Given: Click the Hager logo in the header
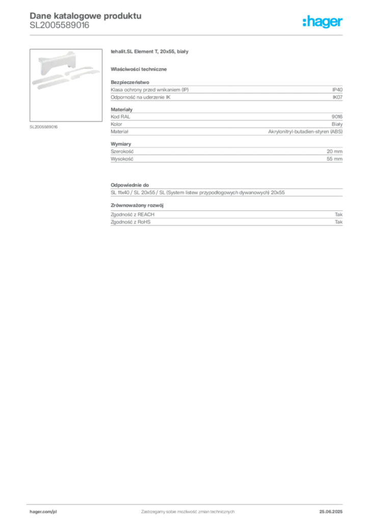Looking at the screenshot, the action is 322,21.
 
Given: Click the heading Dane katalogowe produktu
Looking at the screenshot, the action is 86,16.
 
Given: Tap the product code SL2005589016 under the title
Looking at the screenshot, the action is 60,25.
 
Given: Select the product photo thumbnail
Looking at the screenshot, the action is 66,85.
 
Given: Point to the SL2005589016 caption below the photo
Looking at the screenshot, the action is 44,127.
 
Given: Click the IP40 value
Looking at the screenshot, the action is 337,90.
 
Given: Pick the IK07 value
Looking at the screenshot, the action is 337,97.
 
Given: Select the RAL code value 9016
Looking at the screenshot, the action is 337,117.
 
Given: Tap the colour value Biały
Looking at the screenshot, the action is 337,124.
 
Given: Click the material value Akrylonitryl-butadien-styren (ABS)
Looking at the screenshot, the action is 305,132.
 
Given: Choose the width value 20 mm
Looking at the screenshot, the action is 334,151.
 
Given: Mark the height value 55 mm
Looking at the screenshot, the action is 334,159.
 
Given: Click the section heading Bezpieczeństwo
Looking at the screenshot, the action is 130,82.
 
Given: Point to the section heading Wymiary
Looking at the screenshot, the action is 121,144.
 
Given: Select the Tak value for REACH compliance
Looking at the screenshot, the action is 338,215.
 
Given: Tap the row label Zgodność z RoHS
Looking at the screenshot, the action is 130,222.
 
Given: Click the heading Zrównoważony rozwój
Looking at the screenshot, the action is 137,205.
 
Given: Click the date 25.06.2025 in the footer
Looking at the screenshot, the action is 331,512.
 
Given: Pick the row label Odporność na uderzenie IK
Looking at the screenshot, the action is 140,97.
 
